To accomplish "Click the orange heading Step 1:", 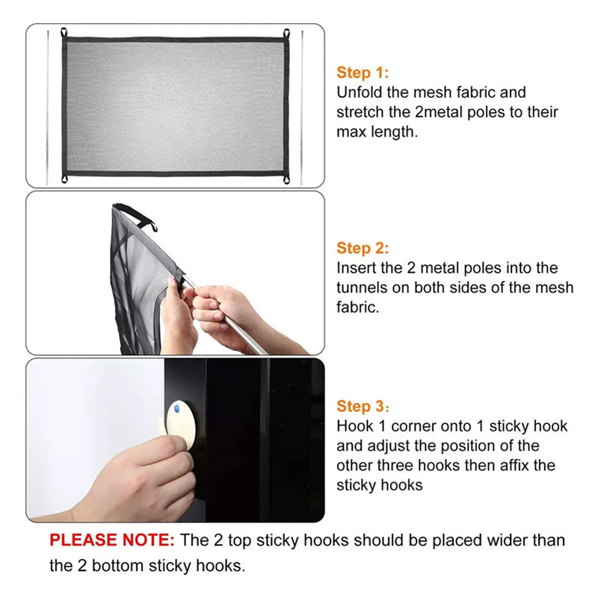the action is pyautogui.click(x=363, y=73).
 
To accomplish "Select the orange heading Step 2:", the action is pyautogui.click(x=363, y=248).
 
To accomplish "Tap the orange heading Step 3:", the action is pyautogui.click(x=363, y=407).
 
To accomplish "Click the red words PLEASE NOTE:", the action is pyautogui.click(x=111, y=540).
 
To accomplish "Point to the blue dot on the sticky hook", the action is pyautogui.click(x=176, y=409).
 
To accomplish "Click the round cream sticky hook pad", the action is pyautogui.click(x=181, y=423).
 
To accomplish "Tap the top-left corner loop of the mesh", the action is pyautogui.click(x=64, y=32).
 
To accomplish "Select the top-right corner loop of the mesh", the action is pyautogui.click(x=286, y=33).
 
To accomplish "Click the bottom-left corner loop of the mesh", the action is pyautogui.click(x=64, y=179).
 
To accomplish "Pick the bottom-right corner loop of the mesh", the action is pyautogui.click(x=286, y=179).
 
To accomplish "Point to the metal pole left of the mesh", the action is pyautogui.click(x=48, y=108).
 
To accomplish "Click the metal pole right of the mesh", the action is pyautogui.click(x=302, y=108).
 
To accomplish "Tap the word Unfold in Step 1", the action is pyautogui.click(x=360, y=93).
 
